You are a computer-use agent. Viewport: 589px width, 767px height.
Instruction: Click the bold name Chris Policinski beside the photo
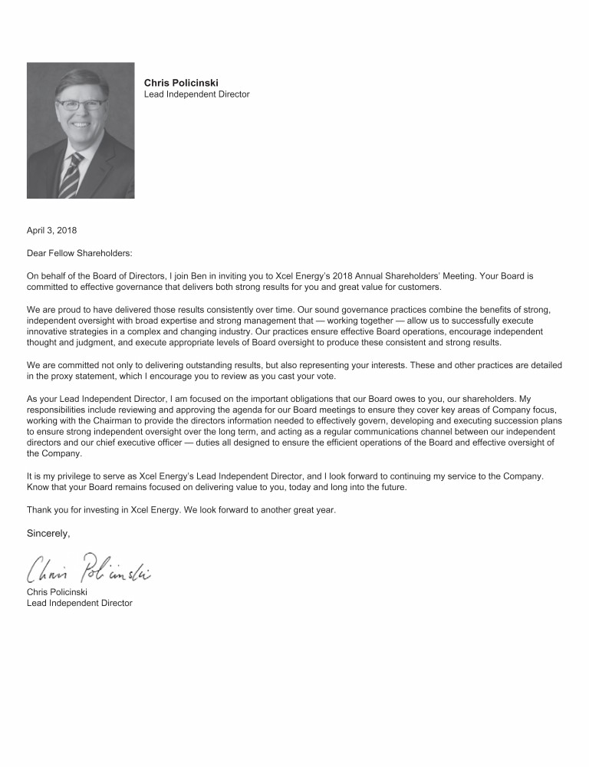pos(181,83)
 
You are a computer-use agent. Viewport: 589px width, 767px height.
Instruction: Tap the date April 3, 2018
pos(51,230)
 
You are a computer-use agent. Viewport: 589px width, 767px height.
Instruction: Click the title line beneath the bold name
pos(196,94)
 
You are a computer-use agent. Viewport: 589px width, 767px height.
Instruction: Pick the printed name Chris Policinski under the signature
pos(57,592)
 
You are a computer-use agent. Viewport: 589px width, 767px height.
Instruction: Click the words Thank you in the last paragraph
pos(47,509)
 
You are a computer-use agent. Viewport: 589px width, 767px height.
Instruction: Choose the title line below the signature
pos(79,603)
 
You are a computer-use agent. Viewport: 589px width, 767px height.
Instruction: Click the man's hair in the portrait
pos(79,82)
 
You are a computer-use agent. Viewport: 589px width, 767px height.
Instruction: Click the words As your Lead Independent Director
pos(96,399)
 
